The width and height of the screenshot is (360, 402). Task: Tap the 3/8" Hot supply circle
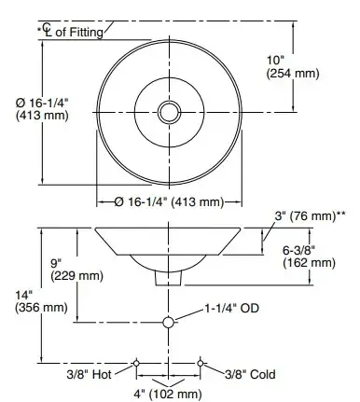click(x=136, y=363)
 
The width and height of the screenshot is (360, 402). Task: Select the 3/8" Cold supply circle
click(x=201, y=363)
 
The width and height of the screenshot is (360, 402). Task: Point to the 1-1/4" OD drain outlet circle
click(x=168, y=323)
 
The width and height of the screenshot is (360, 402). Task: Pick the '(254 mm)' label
click(x=293, y=74)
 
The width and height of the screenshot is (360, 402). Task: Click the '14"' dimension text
click(x=24, y=294)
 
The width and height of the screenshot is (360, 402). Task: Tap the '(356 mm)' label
click(x=41, y=308)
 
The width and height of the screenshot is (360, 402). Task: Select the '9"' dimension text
click(x=56, y=263)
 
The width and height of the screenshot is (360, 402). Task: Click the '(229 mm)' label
click(x=77, y=276)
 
